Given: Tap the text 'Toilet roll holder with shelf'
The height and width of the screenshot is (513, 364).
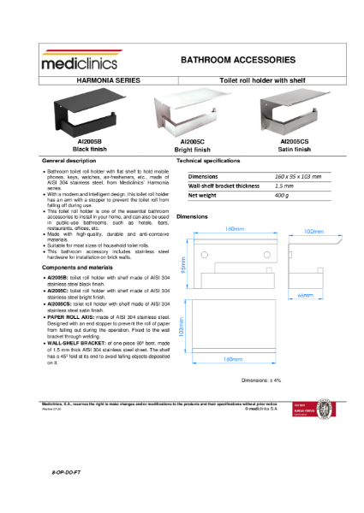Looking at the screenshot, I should click(263, 78).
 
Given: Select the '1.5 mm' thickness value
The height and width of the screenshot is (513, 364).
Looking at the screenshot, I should click(284, 186).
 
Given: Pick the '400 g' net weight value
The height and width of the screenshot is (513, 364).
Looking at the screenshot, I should click(283, 195).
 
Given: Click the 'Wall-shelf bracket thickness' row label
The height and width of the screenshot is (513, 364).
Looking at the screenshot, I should click(223, 186).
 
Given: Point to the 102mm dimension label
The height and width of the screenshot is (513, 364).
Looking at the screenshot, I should click(314, 231).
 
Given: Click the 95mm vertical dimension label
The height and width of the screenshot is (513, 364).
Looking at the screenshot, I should click(182, 268).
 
